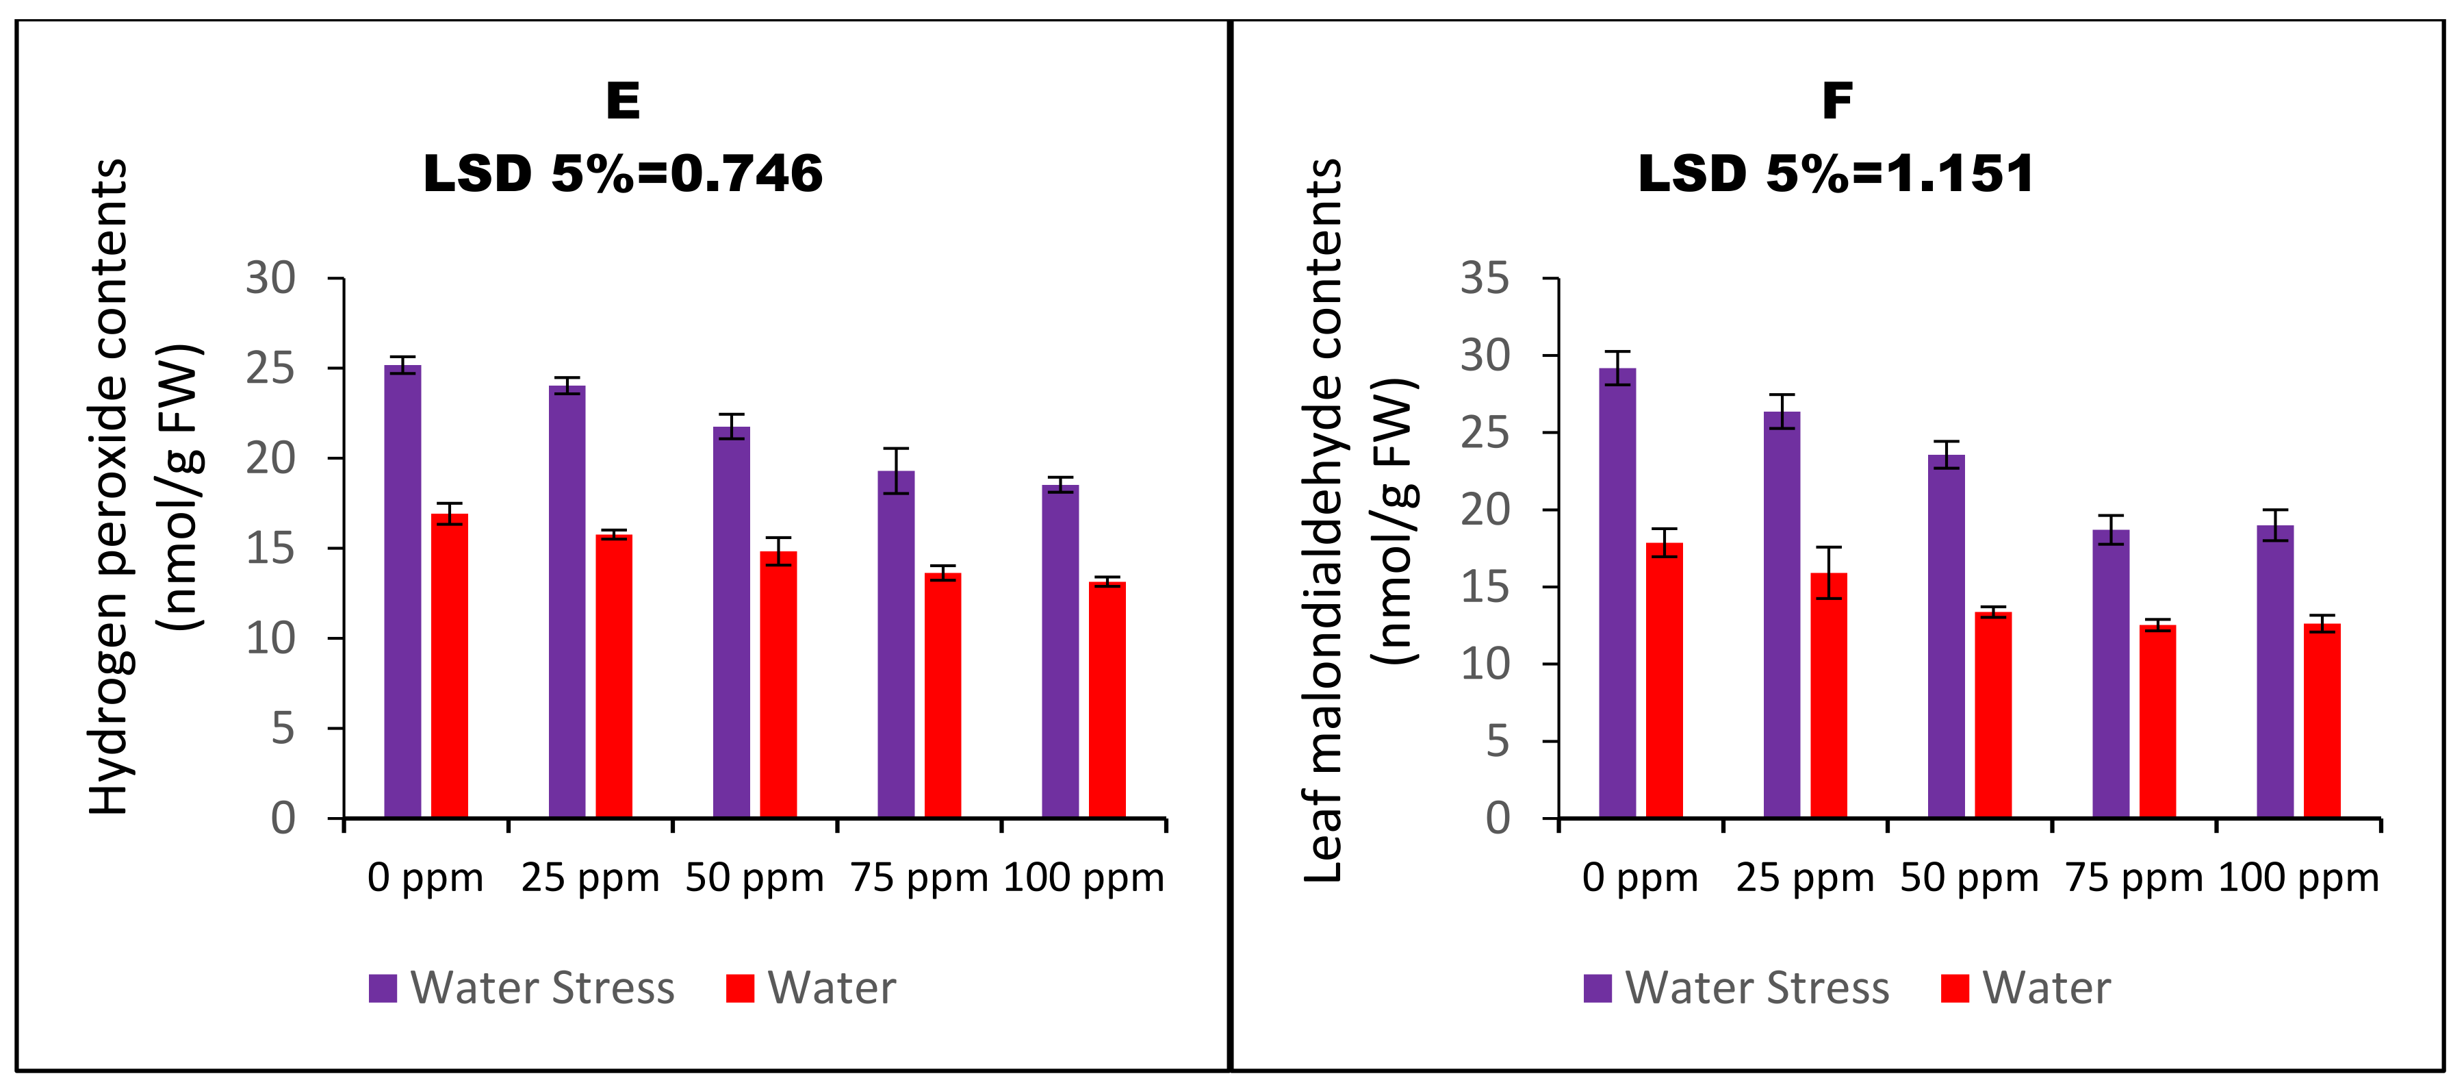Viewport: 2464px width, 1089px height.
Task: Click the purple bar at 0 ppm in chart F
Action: (x=1617, y=592)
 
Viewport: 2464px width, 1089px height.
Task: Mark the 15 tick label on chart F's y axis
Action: (x=1485, y=586)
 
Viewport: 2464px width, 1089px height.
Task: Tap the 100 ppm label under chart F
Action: (x=2298, y=877)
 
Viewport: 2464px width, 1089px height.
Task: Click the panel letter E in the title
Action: (x=623, y=101)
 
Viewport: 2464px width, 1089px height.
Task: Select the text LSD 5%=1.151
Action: (x=1836, y=174)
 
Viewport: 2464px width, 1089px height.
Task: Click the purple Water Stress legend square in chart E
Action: (x=383, y=988)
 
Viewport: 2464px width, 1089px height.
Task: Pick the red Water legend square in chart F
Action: (x=1954, y=988)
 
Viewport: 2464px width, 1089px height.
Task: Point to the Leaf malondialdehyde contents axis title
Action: (x=1324, y=521)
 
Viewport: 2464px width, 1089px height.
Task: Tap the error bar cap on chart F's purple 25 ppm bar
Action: (x=1781, y=395)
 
